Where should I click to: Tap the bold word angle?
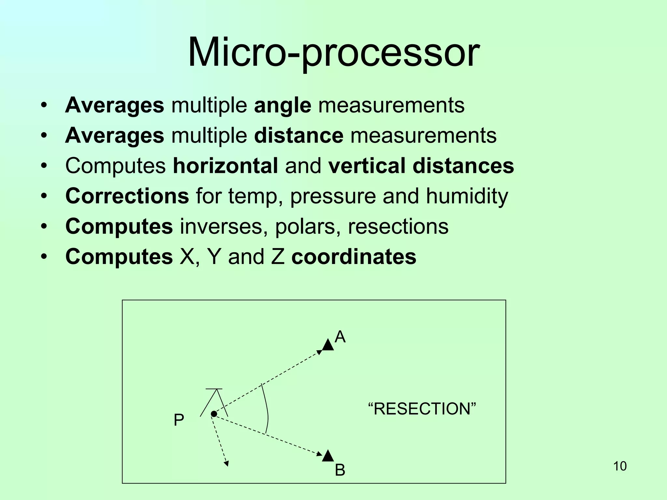point(282,106)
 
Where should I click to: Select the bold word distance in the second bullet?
point(298,135)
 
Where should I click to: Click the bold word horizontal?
point(225,166)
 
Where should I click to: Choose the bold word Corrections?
point(127,196)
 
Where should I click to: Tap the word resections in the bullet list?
point(398,226)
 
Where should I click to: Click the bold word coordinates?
point(354,257)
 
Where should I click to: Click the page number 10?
point(620,466)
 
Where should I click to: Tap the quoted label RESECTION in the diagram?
point(422,409)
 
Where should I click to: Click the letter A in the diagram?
point(340,337)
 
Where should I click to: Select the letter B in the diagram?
point(340,470)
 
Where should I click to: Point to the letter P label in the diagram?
point(179,420)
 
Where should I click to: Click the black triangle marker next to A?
point(328,345)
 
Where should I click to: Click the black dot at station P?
point(214,414)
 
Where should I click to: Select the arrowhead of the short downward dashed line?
point(226,464)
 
